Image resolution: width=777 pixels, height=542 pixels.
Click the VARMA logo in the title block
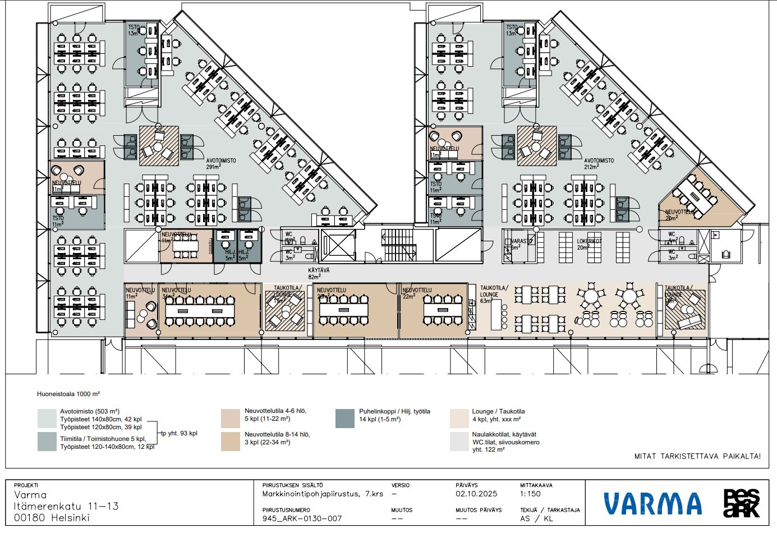point(652,503)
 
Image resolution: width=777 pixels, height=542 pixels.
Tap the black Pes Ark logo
point(741,503)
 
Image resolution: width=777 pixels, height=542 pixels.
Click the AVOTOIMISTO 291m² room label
point(221,163)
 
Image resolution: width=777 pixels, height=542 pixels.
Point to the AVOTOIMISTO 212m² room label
point(599,163)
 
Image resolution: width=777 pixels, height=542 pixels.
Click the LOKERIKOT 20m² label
point(589,244)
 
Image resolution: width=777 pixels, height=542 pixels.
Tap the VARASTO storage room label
point(521,244)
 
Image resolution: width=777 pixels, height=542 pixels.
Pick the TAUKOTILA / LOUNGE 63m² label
point(493,294)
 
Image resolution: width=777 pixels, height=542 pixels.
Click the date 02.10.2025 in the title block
point(476,494)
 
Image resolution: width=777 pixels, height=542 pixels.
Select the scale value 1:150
point(530,494)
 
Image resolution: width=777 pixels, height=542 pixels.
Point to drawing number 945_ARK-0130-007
point(302,518)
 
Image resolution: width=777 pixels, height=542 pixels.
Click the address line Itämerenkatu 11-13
point(66,506)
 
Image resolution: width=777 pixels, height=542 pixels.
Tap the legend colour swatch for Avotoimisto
point(47,419)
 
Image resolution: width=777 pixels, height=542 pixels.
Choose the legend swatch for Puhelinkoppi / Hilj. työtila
point(345,419)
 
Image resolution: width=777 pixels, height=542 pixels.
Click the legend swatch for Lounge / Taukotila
point(459,419)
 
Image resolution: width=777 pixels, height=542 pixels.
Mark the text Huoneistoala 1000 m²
point(68,394)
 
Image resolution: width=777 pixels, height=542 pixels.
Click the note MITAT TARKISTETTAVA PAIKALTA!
point(697,456)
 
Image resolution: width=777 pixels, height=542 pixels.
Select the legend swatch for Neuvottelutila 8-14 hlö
point(231,442)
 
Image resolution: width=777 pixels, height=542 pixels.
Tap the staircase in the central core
point(398,245)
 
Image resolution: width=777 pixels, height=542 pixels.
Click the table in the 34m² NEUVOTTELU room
point(199,311)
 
